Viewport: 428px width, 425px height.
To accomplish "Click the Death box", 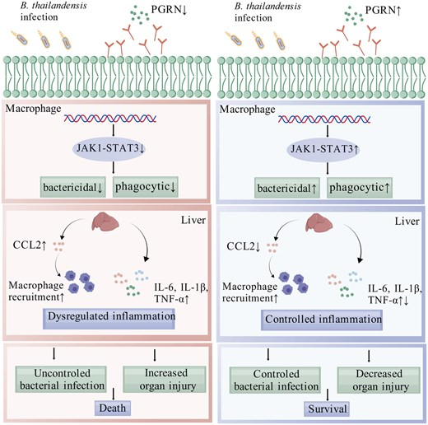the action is click(x=113, y=408).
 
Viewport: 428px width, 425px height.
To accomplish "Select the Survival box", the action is click(x=327, y=409).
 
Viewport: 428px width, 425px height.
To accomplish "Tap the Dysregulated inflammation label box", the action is click(x=109, y=319).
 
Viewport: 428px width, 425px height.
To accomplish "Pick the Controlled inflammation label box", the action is click(x=322, y=320).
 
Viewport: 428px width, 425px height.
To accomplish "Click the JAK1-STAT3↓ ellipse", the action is click(x=109, y=148).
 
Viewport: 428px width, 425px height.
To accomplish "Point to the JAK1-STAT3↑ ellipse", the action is click(x=323, y=149).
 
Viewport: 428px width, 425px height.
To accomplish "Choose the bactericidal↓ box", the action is click(x=73, y=187).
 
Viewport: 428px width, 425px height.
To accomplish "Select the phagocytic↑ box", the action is click(x=360, y=188).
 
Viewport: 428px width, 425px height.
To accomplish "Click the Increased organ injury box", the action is click(x=165, y=380).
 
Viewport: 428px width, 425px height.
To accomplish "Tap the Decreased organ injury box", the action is click(x=379, y=381).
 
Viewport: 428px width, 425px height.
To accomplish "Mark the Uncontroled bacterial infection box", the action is click(x=61, y=380).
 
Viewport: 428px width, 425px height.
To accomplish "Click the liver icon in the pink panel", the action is click(x=105, y=222).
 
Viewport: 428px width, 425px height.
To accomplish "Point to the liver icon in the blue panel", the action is click(x=319, y=223).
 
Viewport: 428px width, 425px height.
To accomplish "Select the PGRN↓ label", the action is click(x=170, y=10).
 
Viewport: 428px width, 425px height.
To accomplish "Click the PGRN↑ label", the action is click(x=384, y=11).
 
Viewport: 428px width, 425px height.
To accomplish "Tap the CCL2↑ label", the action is click(x=30, y=245).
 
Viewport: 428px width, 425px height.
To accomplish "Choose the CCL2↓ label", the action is click(x=244, y=246).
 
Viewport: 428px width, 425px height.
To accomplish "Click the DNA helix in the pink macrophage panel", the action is click(x=110, y=119).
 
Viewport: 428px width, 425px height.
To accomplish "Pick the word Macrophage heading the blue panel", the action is click(x=247, y=110).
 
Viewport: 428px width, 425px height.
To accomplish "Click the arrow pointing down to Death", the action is click(x=114, y=395).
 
